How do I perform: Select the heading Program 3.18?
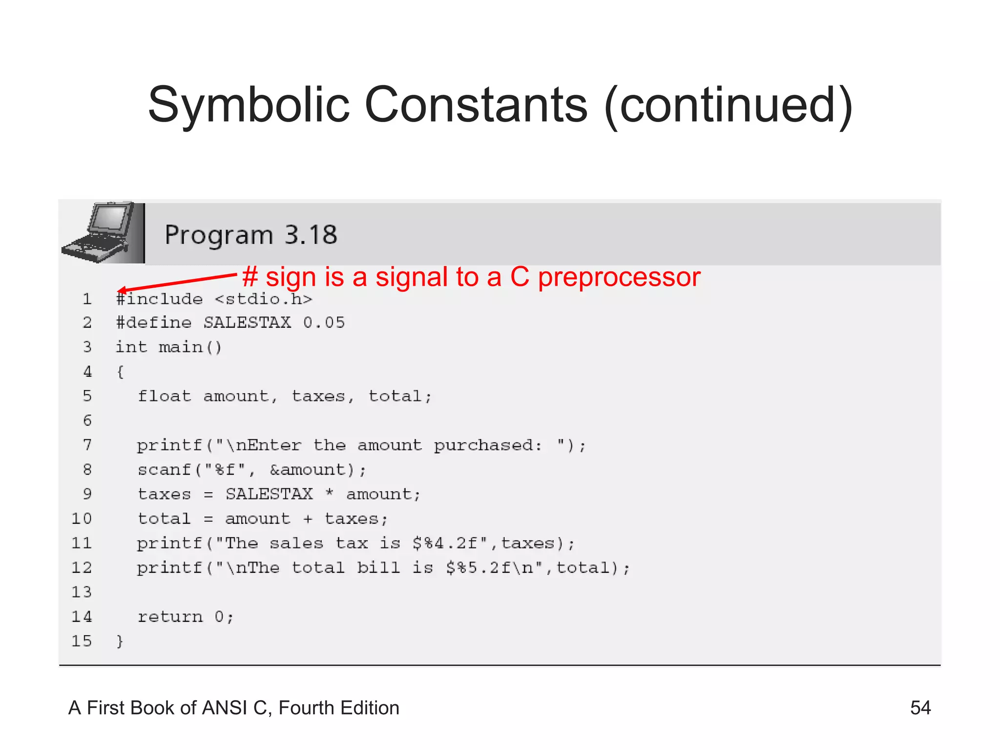(x=251, y=235)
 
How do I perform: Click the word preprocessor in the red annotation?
(x=619, y=277)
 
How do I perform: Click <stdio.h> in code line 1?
(x=263, y=299)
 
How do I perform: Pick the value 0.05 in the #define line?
(x=324, y=323)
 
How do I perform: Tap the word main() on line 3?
(x=190, y=347)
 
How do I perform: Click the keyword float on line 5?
(x=164, y=396)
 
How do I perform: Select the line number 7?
(x=87, y=445)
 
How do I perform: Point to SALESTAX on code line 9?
(x=269, y=494)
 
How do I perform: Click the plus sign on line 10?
(x=307, y=519)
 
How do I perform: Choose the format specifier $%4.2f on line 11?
(x=444, y=543)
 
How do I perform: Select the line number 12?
(x=82, y=568)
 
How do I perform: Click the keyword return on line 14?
(x=170, y=617)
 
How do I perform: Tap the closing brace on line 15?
(x=120, y=641)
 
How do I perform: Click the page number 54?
(x=920, y=708)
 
